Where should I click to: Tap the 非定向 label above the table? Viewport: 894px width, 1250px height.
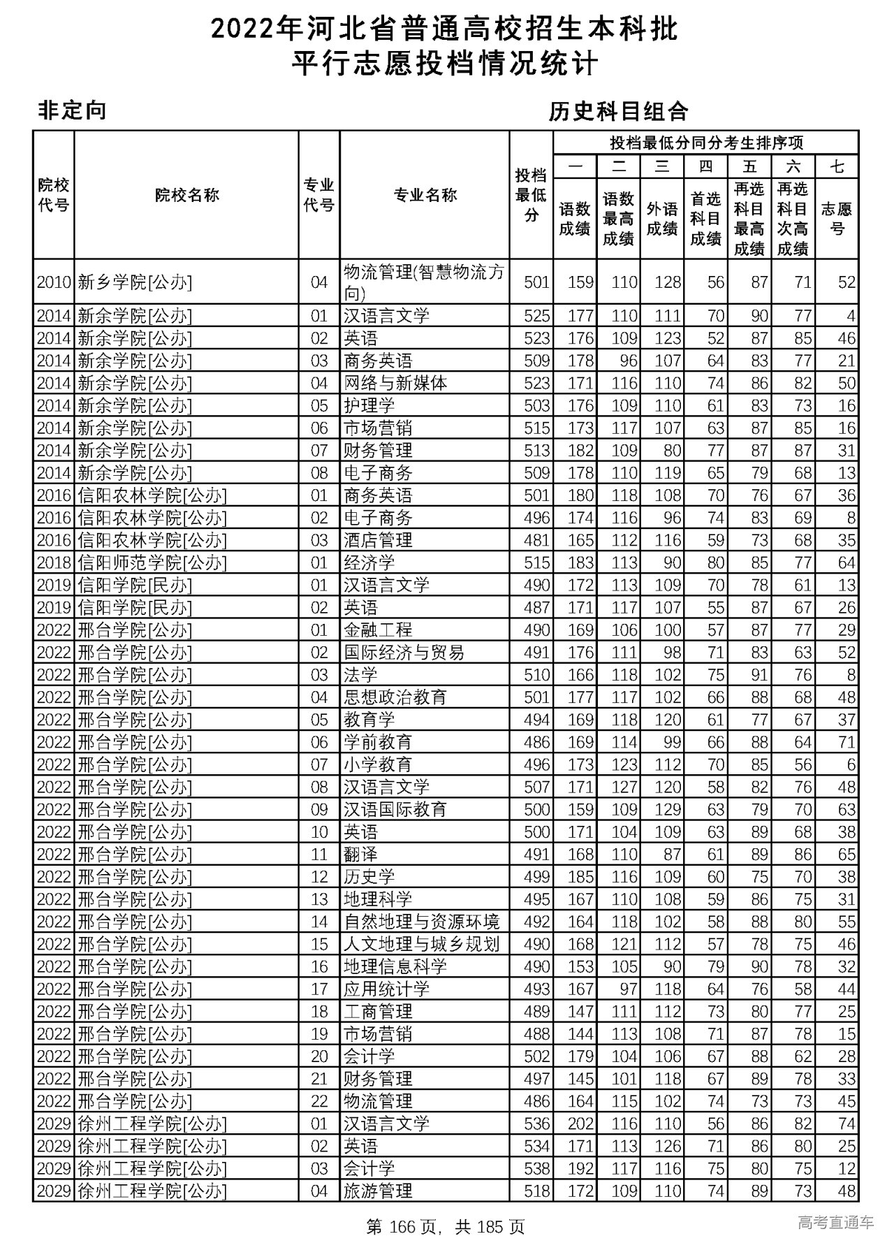point(72,110)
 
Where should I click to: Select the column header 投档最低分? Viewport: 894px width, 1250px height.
point(531,195)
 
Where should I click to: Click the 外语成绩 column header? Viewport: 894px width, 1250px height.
point(661,219)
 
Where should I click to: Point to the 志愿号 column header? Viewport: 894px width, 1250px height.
point(837,219)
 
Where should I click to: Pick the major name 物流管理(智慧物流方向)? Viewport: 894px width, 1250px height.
point(424,282)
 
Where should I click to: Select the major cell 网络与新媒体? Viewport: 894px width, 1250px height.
point(395,383)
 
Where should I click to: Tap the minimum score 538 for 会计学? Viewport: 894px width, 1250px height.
point(536,1168)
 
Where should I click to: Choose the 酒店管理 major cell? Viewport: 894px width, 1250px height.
point(378,540)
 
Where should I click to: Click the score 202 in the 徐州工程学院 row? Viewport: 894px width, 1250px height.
point(580,1124)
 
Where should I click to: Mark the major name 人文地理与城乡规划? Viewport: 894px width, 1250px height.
point(421,944)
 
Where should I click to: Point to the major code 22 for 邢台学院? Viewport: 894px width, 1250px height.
point(319,1101)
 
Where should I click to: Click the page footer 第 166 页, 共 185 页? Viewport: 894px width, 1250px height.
point(446,1226)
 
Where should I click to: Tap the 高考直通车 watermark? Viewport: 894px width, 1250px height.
point(835,1222)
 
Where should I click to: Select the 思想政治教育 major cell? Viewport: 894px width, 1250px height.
point(395,697)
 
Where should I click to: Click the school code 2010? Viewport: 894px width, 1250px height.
point(54,282)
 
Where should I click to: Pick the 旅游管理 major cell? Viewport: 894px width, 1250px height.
point(378,1191)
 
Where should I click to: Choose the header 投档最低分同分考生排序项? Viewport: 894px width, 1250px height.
point(705,143)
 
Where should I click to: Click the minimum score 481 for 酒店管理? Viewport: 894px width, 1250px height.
point(536,540)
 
